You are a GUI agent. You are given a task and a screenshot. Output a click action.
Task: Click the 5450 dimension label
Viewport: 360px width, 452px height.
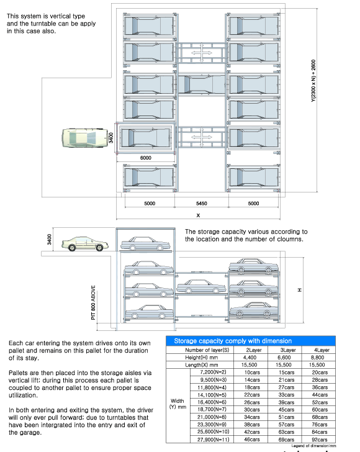202,204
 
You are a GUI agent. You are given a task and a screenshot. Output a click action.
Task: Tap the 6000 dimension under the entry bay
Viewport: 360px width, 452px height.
146,158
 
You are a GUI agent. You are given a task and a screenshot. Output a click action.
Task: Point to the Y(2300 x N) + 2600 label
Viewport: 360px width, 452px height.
313,81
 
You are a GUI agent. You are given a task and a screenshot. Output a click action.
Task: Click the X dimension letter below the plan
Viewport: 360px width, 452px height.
198,215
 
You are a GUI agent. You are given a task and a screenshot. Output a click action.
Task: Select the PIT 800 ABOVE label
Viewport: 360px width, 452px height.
93,302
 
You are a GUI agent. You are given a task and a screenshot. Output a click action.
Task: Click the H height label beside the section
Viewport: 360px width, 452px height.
300,290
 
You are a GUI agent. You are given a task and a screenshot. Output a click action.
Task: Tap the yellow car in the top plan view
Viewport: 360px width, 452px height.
84,138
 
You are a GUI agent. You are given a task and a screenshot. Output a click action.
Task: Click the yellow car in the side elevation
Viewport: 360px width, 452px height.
85,244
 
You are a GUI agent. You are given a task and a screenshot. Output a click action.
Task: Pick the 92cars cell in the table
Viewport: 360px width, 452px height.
320,440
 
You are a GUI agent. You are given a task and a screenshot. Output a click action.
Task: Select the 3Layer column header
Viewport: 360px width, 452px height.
288,350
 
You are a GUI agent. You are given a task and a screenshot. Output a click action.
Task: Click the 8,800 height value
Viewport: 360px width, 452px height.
317,358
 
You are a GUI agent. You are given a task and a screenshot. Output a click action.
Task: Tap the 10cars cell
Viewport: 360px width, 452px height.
252,373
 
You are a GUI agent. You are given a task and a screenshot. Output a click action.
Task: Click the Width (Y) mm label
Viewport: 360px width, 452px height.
178,404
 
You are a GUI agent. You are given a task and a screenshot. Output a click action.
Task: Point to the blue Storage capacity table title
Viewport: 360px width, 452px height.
233,341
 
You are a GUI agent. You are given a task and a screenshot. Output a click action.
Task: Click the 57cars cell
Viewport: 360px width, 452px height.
287,425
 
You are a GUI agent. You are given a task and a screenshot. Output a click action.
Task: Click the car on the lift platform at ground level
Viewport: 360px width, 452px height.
145,244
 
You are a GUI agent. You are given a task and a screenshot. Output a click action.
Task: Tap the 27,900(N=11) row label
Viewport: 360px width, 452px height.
214,440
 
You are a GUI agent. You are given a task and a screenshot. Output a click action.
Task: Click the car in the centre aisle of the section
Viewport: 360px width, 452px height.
201,286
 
